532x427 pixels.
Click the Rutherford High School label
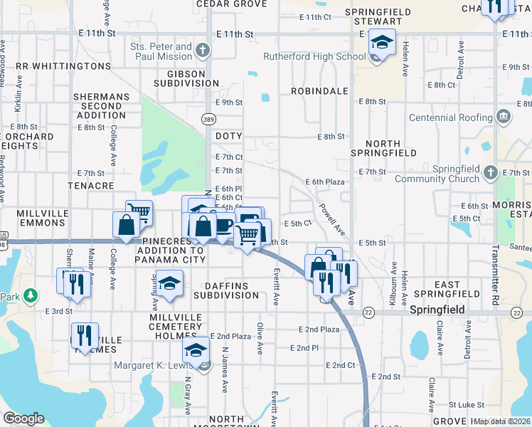(314, 56)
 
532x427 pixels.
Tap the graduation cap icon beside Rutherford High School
(382, 44)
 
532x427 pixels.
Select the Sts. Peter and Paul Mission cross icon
(203, 51)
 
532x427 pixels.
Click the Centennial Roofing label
(451, 117)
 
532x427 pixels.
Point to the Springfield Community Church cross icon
(491, 172)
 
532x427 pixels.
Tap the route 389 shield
(208, 119)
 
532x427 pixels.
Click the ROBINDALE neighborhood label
(319, 92)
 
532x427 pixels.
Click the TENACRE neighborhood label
(91, 185)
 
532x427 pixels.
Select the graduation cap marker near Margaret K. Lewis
(196, 350)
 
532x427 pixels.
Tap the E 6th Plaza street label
(325, 182)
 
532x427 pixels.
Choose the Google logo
(23, 418)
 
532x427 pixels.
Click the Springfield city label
(437, 310)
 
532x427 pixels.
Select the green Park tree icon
(30, 295)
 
